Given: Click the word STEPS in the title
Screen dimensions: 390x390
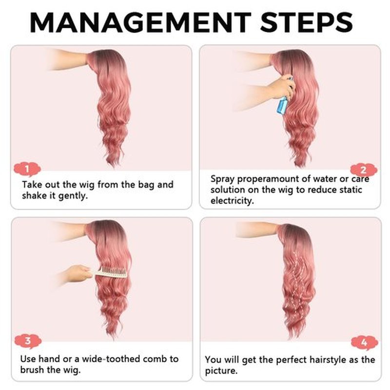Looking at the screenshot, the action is [x=306, y=22].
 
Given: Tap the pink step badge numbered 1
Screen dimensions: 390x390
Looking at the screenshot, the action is [x=27, y=169].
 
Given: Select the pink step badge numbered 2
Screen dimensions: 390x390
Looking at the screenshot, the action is [x=364, y=170].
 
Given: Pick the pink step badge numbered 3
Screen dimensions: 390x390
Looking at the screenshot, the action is [x=28, y=341].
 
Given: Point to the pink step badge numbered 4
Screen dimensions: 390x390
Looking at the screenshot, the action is [x=364, y=343].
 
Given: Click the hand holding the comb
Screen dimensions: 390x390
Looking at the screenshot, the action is [x=77, y=273].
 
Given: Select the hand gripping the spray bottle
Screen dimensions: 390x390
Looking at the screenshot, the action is [x=281, y=87].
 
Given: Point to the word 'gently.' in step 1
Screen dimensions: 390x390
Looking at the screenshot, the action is [x=73, y=196].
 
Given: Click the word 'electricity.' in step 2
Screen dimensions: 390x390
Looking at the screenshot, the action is [x=232, y=200].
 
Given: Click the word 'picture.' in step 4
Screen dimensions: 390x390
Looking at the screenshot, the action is [x=221, y=371].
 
